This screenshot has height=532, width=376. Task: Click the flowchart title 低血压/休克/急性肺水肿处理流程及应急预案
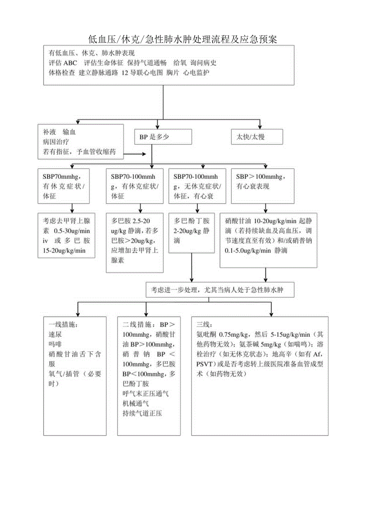click(x=183, y=39)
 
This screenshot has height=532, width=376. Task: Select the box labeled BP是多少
click(x=163, y=137)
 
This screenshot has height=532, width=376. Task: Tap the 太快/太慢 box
click(x=257, y=137)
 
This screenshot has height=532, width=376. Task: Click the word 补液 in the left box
click(x=49, y=132)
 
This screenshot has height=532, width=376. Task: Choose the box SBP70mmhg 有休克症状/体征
click(x=66, y=186)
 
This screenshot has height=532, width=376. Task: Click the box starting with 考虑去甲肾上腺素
click(x=66, y=236)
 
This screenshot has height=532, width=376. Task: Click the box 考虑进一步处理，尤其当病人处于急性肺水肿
click(x=220, y=290)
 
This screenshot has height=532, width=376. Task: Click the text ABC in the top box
click(x=70, y=63)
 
